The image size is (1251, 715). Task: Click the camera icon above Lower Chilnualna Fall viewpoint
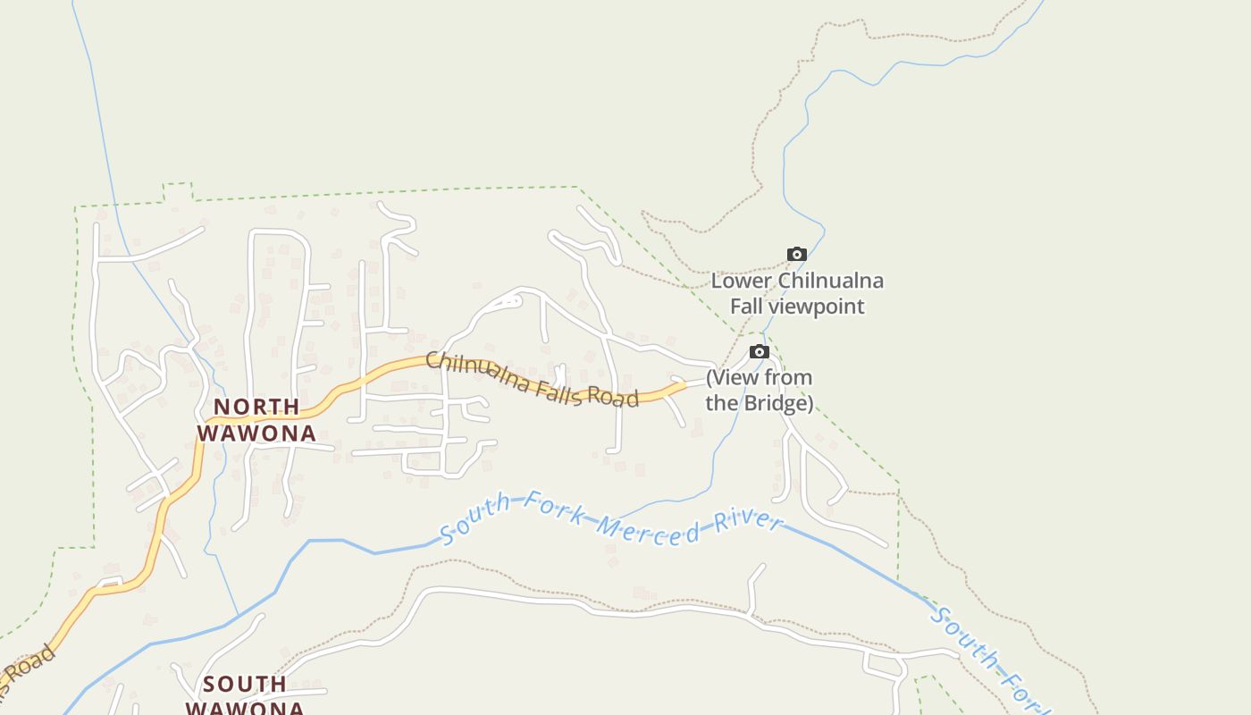point(796,255)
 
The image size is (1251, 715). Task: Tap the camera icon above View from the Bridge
point(759,352)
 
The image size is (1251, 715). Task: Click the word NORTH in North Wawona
point(256,408)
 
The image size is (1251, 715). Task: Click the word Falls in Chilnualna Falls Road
point(559,390)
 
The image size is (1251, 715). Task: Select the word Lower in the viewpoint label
point(741,281)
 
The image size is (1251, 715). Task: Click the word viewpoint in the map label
point(820,307)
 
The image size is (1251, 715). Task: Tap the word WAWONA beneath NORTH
point(256,433)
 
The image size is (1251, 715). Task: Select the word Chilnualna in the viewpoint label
point(831,281)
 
